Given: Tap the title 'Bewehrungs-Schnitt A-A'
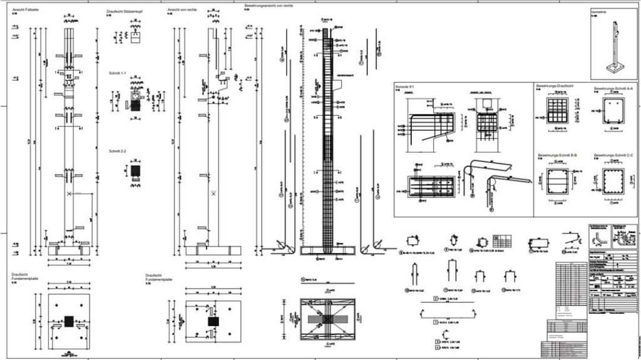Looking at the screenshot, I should point(613,89).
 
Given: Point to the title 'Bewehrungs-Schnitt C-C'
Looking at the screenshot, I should point(613,155).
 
